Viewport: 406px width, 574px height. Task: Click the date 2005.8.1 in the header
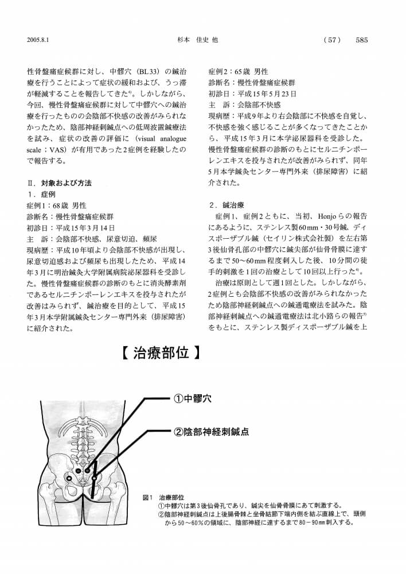(x=38, y=40)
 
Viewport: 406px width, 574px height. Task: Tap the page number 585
(x=361, y=40)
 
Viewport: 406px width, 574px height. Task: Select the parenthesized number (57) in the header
(x=333, y=40)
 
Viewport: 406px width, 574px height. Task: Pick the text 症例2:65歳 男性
(x=239, y=72)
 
